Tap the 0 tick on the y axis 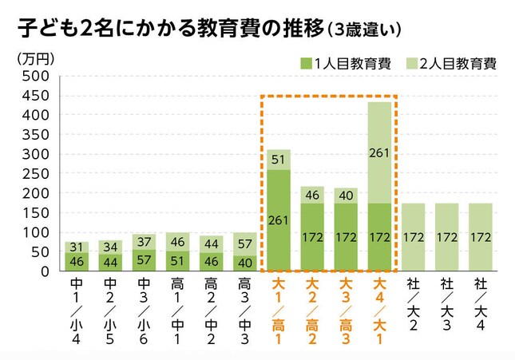pyautogui.click(x=46, y=271)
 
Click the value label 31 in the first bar pyautogui.click(x=77, y=247)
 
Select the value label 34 pyautogui.click(x=110, y=247)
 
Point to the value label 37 pyautogui.click(x=144, y=242)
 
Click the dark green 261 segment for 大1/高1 pyautogui.click(x=279, y=220)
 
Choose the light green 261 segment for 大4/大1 pyautogui.click(x=379, y=152)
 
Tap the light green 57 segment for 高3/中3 pyautogui.click(x=245, y=244)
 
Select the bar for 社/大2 pyautogui.click(x=413, y=237)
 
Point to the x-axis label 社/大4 pyautogui.click(x=480, y=303)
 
